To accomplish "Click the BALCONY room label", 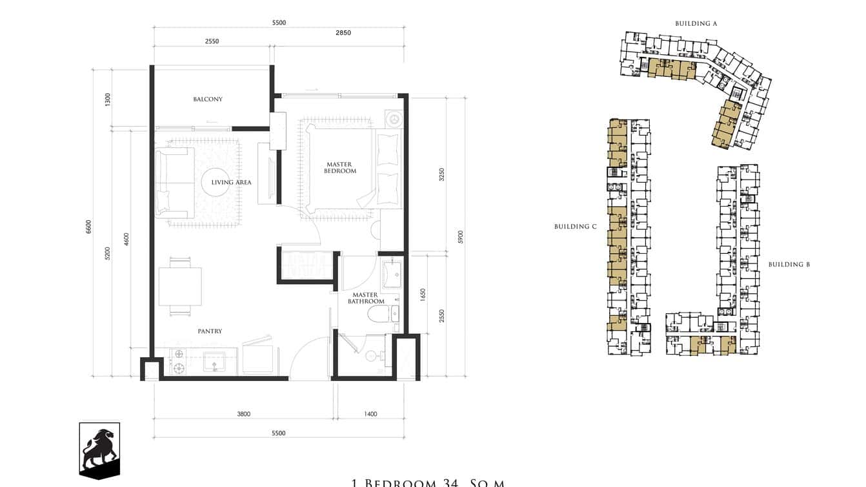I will tap(208, 99).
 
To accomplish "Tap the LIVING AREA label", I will tap(231, 183).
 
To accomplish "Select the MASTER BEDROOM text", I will tap(340, 168).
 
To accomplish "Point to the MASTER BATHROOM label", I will tap(366, 298).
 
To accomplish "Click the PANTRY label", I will tap(210, 331).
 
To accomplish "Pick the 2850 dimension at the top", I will tap(343, 33).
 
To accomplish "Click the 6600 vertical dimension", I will tap(89, 227).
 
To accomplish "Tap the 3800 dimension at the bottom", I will tap(243, 414).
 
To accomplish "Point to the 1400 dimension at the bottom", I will tap(370, 414).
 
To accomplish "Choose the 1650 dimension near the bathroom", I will tap(423, 295).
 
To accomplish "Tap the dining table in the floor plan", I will tap(180, 286).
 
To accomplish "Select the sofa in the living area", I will tap(173, 183).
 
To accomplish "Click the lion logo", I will tap(99, 450).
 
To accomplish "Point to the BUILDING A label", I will tap(696, 23).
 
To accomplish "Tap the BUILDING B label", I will tap(789, 264).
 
